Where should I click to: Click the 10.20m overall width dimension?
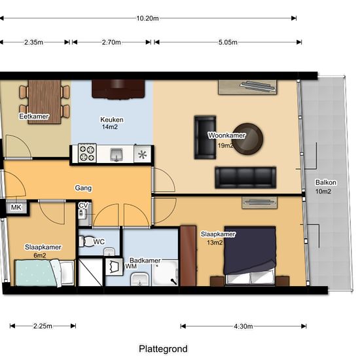point(147,18)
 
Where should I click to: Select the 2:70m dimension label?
point(111,43)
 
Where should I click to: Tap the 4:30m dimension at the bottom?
point(243,326)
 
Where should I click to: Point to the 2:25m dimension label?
point(43,326)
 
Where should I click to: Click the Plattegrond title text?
point(163,349)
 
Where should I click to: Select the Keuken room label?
point(112,120)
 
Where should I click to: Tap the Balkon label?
point(326,183)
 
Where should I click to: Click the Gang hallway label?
point(83,188)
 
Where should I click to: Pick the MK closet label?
point(16,207)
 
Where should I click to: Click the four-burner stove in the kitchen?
point(87,153)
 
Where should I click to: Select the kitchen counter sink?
point(117,154)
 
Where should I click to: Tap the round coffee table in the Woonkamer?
point(247,139)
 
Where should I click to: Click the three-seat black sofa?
point(245,177)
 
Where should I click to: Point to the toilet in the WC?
point(86,242)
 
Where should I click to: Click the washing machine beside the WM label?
point(114,266)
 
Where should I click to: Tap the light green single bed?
point(45,273)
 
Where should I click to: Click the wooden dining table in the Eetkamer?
point(45,102)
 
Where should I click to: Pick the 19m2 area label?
point(225,145)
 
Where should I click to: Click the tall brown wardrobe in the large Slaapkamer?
point(189,256)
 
